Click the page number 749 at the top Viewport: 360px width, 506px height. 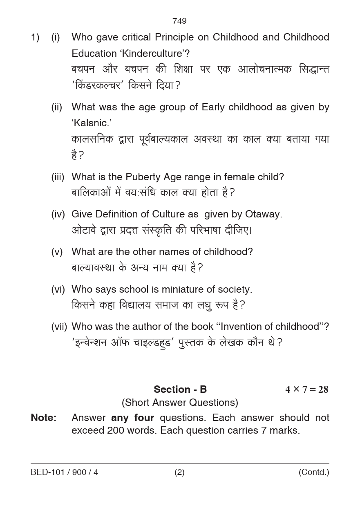179,21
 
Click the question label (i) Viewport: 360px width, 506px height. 56,38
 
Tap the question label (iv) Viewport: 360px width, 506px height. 58,214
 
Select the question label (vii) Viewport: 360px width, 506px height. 59,327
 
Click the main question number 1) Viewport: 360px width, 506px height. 35,38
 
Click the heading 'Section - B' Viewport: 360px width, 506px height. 180,390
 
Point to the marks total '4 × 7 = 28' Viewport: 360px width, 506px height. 306,390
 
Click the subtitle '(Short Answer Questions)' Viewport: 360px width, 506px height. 180,403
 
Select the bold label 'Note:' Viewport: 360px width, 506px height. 44,418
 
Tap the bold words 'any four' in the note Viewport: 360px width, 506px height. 132,418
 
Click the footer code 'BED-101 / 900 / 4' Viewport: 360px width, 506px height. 65,472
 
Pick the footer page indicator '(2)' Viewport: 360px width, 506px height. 179,472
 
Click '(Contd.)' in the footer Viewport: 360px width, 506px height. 313,472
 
